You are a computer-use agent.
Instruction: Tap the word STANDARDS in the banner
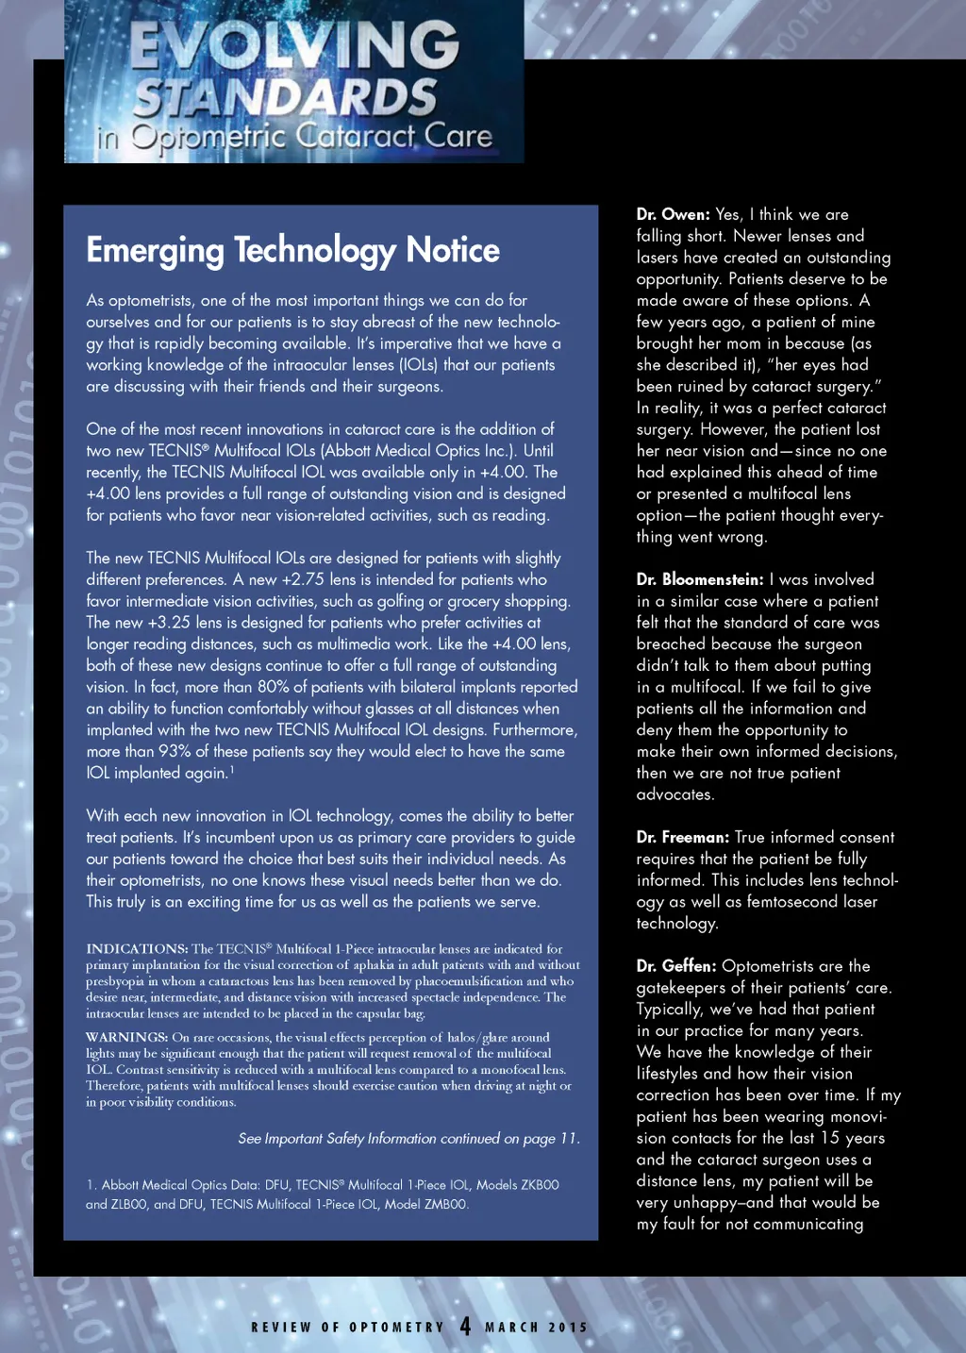click(285, 97)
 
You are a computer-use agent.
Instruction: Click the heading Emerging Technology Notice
click(292, 250)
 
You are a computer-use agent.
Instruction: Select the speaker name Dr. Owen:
click(673, 214)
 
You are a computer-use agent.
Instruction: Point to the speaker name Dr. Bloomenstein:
click(699, 579)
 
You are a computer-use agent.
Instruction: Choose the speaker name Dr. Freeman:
click(682, 837)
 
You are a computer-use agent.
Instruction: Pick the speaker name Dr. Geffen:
click(675, 966)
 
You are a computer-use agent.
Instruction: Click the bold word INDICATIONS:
click(137, 949)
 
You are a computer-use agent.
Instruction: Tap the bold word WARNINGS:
click(126, 1037)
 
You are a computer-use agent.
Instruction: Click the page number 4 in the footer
click(465, 1326)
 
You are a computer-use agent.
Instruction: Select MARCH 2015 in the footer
click(536, 1328)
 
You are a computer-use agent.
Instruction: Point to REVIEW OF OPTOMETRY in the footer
click(347, 1328)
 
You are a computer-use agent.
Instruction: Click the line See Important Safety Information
click(408, 1139)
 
